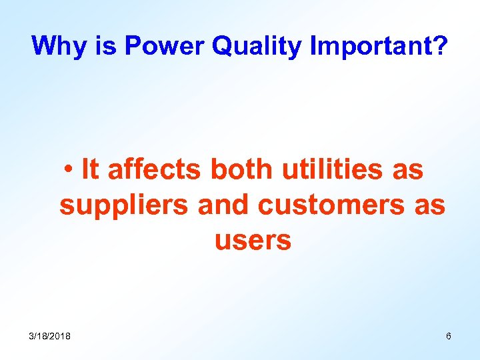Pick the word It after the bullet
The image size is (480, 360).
[90, 170]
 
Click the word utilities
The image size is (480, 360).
[333, 170]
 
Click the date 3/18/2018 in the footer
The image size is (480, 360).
[49, 336]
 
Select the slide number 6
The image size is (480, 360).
[449, 336]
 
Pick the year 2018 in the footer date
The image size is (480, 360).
[61, 336]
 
